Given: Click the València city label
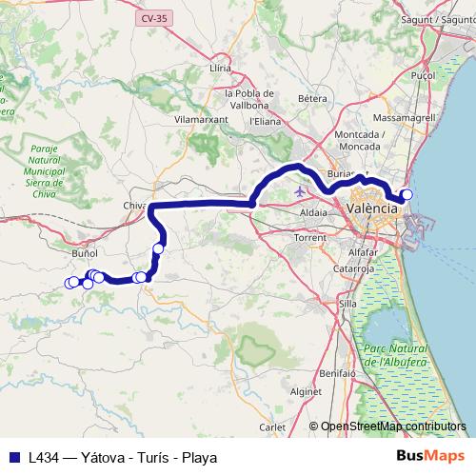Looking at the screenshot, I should coord(373,207).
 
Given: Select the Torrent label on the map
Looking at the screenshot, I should coord(310,237).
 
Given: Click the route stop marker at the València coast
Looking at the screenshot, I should coord(407,195).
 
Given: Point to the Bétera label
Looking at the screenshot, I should coord(312,98).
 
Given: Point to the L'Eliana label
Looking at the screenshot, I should coord(263,122).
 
